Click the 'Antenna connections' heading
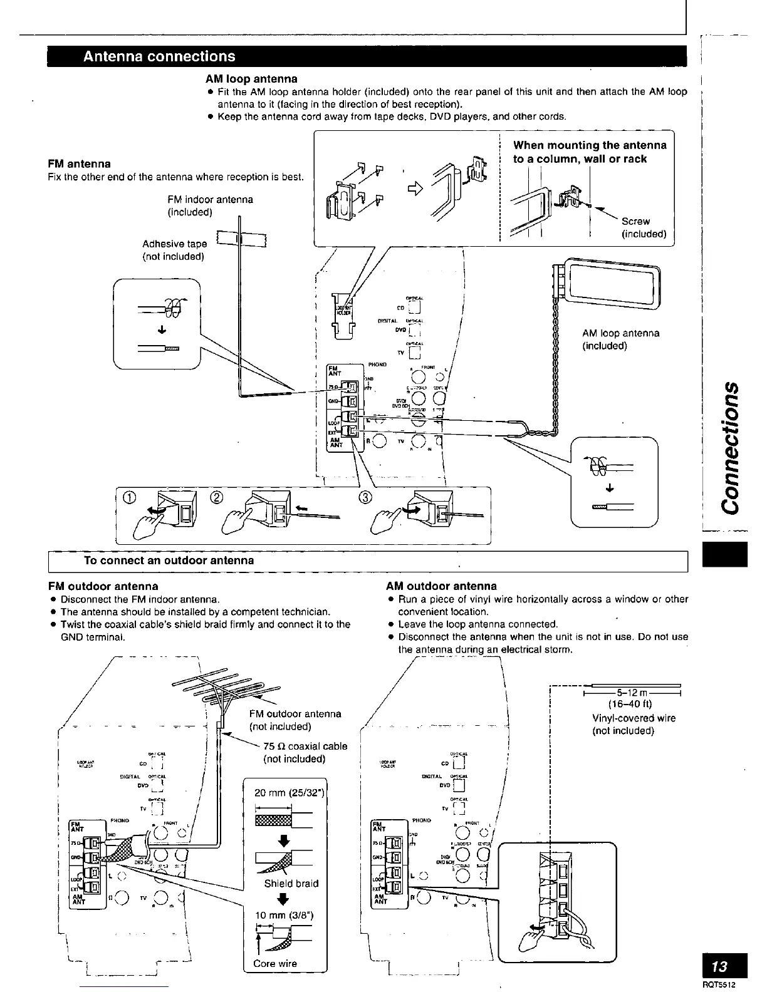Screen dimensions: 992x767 point(160,56)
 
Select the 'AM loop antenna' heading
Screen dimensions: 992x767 point(251,79)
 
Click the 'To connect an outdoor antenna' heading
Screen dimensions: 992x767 point(169,561)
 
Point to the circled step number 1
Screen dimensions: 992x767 point(129,498)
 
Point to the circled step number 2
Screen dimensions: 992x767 point(217,498)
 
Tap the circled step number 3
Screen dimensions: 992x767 point(365,498)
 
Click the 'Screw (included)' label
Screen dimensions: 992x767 point(643,227)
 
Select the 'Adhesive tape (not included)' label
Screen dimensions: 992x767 point(174,250)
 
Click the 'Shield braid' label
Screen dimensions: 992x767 point(291,883)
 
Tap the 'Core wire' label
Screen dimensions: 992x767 point(275,963)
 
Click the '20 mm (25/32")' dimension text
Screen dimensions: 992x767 point(288,793)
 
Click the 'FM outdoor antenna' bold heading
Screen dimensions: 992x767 point(103,586)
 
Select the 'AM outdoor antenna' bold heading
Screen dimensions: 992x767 point(441,586)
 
